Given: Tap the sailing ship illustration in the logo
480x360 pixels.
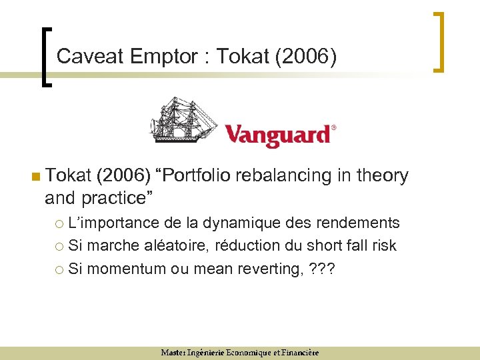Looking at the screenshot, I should coord(183,120).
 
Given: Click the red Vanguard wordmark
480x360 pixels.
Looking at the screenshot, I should coord(277,135).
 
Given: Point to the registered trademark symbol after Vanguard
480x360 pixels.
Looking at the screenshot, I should coord(333,127).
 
